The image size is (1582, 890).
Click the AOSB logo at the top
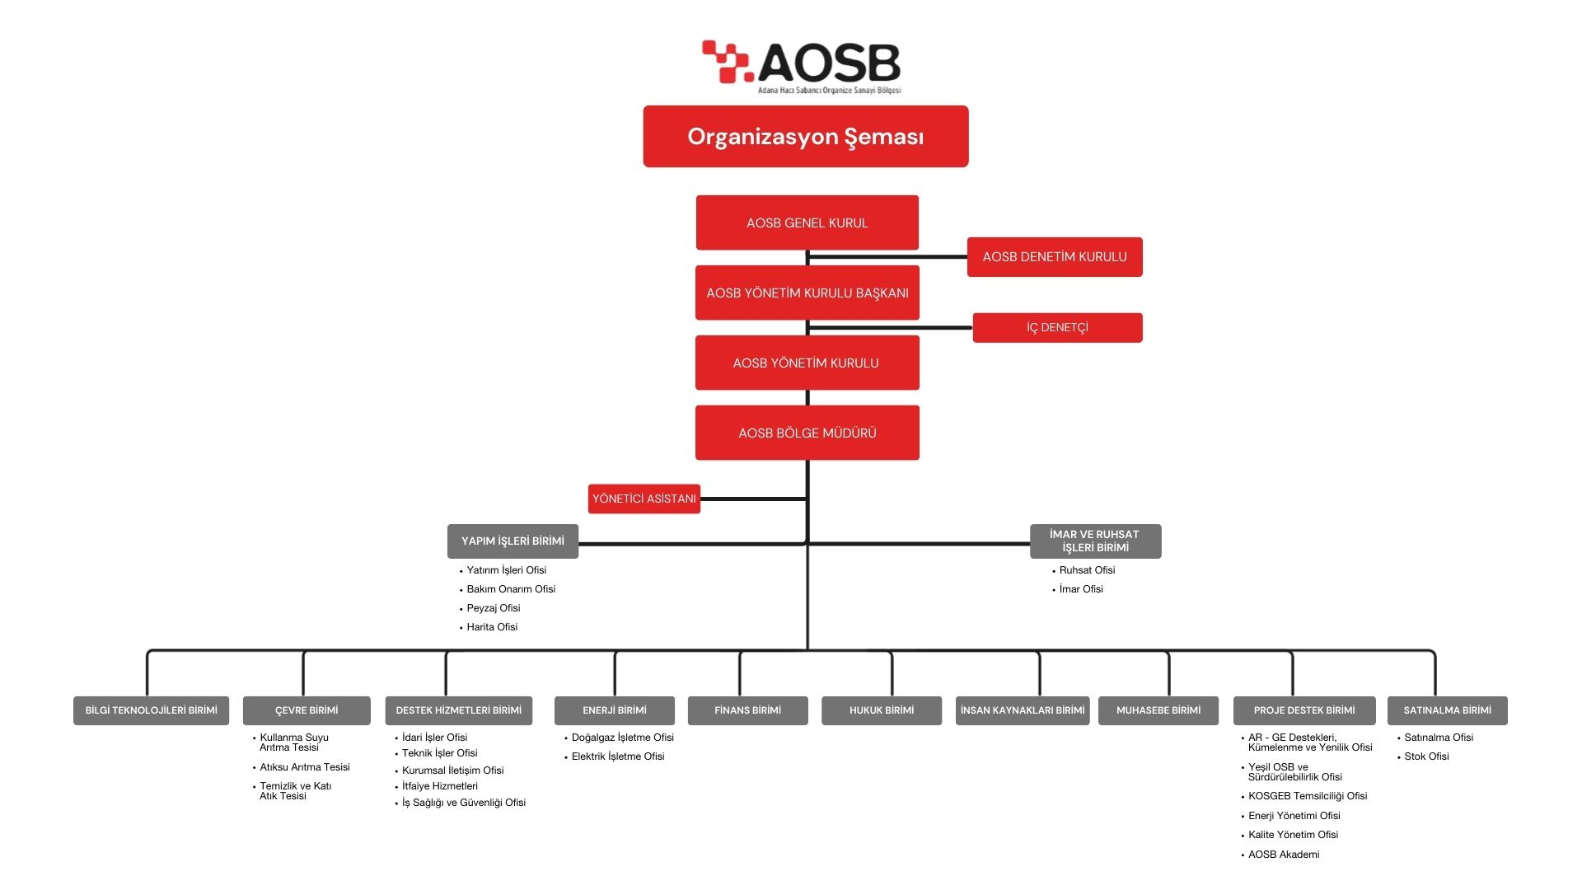(x=802, y=66)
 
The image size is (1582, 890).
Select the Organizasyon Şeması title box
(x=805, y=137)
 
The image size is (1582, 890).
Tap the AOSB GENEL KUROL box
(x=807, y=222)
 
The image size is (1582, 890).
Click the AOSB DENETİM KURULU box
(x=1054, y=257)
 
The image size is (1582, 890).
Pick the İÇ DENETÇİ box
(x=1057, y=328)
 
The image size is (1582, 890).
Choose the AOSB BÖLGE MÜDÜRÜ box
(x=807, y=433)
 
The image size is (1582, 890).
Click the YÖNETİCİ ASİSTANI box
(x=644, y=499)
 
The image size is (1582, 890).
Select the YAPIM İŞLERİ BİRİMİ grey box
(x=513, y=541)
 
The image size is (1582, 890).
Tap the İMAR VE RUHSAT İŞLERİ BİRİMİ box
(x=1095, y=541)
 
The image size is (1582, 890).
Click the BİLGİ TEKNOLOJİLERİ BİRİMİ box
(x=151, y=710)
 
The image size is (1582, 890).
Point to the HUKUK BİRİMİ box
(x=881, y=710)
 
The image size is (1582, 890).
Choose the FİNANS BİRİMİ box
(x=747, y=710)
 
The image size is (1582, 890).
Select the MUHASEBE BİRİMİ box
(x=1158, y=710)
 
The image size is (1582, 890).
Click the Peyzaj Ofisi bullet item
(x=493, y=608)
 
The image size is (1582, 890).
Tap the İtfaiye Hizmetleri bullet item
(x=439, y=786)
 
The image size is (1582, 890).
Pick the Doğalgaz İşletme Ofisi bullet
(x=622, y=738)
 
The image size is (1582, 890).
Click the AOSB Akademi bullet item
(x=1283, y=855)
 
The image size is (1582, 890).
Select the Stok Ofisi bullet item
(x=1426, y=756)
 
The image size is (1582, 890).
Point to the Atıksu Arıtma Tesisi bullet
(x=304, y=767)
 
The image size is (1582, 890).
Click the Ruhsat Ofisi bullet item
(x=1087, y=570)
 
